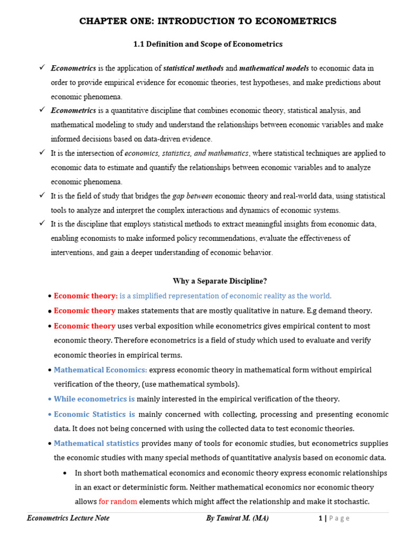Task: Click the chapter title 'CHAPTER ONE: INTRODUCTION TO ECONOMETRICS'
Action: (x=208, y=21)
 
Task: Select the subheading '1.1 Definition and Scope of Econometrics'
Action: (x=208, y=44)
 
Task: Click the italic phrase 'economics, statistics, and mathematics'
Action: (x=187, y=153)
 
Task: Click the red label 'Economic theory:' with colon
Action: (x=86, y=296)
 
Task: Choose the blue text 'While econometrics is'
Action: (x=94, y=399)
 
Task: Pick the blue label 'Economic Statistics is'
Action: (x=94, y=414)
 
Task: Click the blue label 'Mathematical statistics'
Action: (x=96, y=443)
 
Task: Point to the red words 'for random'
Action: (x=118, y=502)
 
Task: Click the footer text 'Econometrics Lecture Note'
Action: (x=68, y=518)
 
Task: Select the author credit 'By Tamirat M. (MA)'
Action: (x=237, y=518)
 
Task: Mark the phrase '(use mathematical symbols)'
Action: (x=194, y=384)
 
